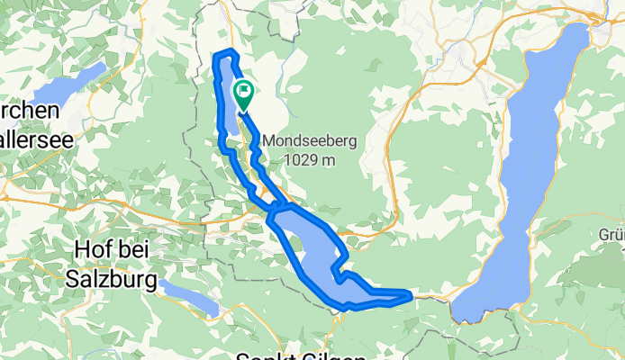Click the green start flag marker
[244, 92]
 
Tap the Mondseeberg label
[311, 141]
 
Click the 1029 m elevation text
[311, 159]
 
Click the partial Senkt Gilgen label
[290, 355]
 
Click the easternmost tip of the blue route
[411, 294]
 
